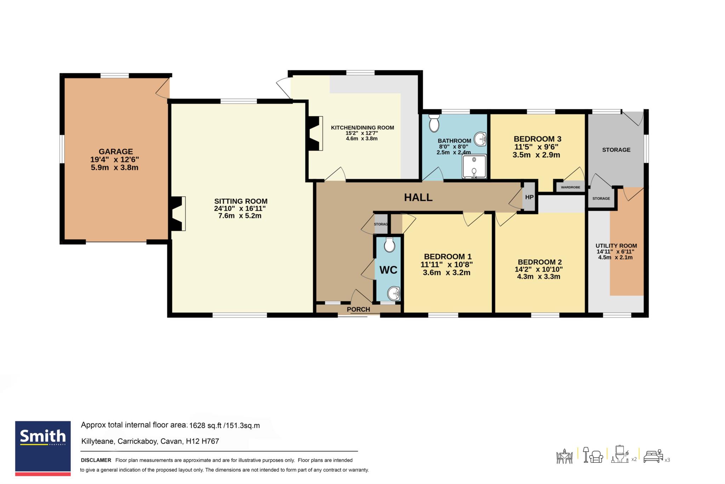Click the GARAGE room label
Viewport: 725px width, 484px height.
tap(116, 152)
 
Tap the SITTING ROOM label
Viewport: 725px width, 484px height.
tap(241, 201)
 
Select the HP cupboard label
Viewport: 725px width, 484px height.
tap(529, 197)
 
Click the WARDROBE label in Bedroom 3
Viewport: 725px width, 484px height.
tap(570, 187)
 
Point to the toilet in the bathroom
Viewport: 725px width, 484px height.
tap(434, 123)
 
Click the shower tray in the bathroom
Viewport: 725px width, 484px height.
tap(474, 166)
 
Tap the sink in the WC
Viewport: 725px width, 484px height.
tap(394, 294)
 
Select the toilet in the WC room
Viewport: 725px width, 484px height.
tap(389, 245)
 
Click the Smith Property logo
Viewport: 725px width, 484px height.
tap(43, 448)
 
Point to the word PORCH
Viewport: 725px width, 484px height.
tap(358, 309)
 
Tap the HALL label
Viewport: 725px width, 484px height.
tap(418, 198)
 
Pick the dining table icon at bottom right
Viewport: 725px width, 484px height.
tap(565, 456)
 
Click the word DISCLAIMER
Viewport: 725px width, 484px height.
tap(96, 460)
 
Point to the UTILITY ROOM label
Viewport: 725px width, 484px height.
tap(616, 246)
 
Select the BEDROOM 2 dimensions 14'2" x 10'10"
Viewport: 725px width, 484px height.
tap(539, 269)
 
